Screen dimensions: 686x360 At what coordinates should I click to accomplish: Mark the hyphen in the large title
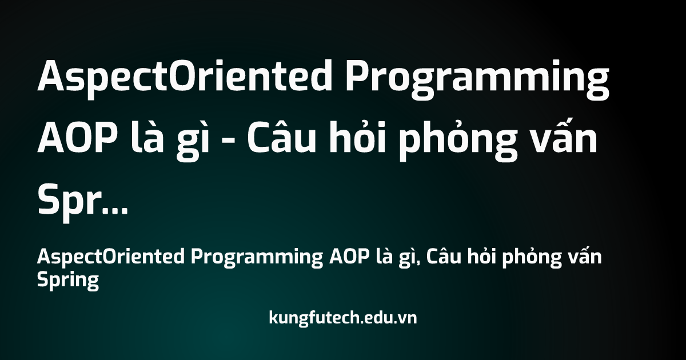(228, 142)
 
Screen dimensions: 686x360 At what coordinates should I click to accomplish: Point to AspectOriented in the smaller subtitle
(111, 256)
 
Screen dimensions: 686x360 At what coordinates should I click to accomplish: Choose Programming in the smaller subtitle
(257, 258)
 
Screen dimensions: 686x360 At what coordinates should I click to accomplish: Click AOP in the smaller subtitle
(349, 257)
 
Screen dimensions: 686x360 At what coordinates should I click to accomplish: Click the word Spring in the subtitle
(68, 281)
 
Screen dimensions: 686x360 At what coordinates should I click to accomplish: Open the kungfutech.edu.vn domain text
(343, 318)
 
